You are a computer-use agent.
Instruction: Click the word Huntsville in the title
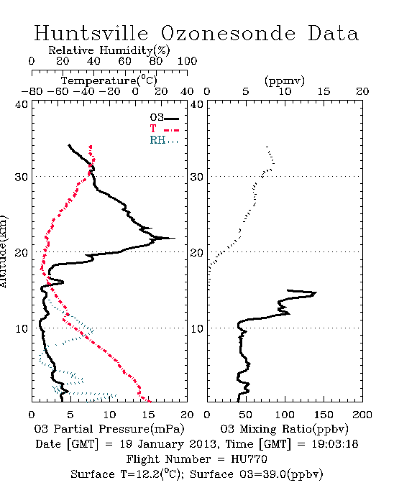(x=91, y=33)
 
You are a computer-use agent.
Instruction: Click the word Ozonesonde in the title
(x=228, y=33)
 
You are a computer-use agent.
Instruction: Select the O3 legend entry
(x=164, y=118)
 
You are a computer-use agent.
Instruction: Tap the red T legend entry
(x=164, y=129)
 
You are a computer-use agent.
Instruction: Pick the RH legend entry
(x=164, y=140)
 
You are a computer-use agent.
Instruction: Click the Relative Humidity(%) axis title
(x=109, y=50)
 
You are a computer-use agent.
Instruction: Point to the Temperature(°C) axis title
(x=109, y=80)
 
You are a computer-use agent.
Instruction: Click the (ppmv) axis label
(x=285, y=80)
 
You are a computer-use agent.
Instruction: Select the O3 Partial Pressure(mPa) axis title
(x=109, y=429)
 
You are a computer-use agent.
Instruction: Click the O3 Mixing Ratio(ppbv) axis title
(x=284, y=429)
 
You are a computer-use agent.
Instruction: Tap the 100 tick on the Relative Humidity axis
(x=188, y=61)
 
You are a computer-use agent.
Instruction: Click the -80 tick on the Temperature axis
(x=32, y=92)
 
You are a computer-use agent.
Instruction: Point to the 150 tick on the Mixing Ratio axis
(x=324, y=415)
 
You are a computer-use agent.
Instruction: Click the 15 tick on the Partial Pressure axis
(x=148, y=415)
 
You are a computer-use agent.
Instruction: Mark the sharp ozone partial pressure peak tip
(x=175, y=238)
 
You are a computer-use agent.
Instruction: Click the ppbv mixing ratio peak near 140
(x=316, y=292)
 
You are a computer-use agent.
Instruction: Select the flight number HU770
(x=249, y=459)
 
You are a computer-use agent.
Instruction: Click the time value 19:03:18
(x=335, y=444)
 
